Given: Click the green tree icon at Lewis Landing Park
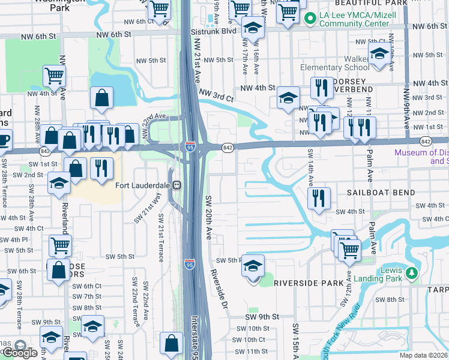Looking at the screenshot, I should pos(411,274).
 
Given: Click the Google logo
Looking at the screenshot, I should pos(19,352).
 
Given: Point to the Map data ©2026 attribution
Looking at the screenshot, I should pos(423,355).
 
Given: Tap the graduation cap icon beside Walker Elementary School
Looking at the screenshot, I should pos(379,55).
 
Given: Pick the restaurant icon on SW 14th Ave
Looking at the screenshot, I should pos(318,199).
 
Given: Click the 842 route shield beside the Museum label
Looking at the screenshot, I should pos(426,141).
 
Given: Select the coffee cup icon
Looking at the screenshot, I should pos(4,140).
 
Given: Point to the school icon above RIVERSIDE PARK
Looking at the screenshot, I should pos(253,266).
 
